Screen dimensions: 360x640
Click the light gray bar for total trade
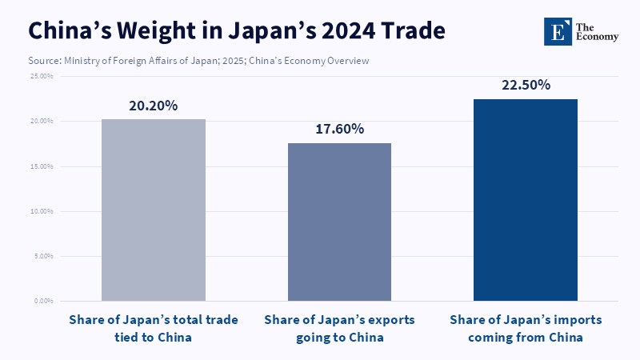154,210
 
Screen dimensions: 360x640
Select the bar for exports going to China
339,222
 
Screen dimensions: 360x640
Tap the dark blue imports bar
526,200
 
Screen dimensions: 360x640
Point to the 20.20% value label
154,106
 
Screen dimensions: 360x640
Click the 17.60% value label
339,129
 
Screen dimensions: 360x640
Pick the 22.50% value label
526,85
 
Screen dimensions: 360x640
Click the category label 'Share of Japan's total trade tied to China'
154,328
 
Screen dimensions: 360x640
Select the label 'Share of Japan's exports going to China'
339,328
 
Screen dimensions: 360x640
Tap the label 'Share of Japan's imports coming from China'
526,328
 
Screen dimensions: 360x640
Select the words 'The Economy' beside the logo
597,30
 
